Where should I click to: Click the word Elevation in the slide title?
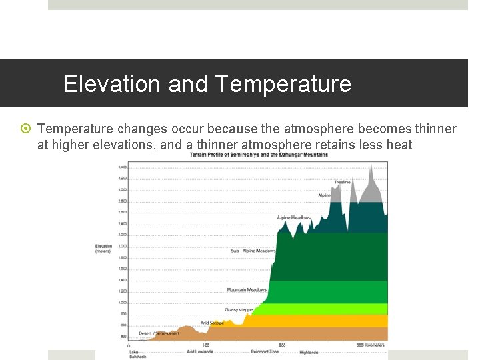coord(111,84)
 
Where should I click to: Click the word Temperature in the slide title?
coord(283,84)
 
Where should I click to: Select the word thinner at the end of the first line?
coord(433,129)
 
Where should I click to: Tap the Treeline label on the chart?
coord(342,182)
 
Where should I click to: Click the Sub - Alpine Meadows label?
coord(253,251)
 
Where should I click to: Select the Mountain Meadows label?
coord(246,289)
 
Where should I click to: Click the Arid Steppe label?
coord(212,323)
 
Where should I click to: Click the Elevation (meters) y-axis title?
coord(103,249)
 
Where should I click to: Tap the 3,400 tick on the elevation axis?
coord(122,167)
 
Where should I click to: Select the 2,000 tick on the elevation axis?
coord(122,246)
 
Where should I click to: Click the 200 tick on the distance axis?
coord(281,345)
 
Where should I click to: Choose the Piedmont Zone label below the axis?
coord(264,351)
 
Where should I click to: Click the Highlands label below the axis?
coord(309,351)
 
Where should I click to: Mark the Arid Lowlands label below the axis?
coord(199,351)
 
